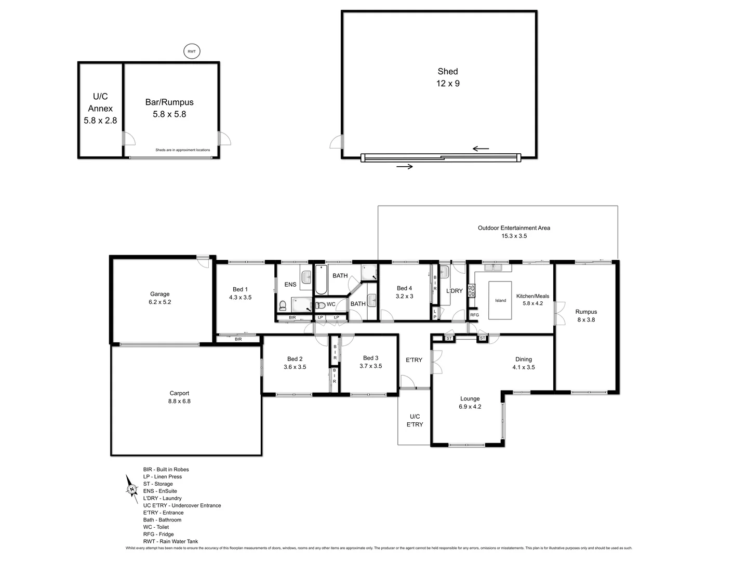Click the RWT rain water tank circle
(x=192, y=51)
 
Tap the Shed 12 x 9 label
(x=447, y=77)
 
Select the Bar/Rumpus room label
(x=169, y=108)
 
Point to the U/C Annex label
(x=100, y=108)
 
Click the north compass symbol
(x=131, y=486)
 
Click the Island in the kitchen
(x=500, y=300)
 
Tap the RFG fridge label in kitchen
(x=474, y=315)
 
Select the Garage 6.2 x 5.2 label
(x=160, y=298)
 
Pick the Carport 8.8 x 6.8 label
(x=179, y=397)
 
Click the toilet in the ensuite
(x=283, y=305)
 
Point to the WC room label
(x=331, y=304)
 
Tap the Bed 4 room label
(x=404, y=292)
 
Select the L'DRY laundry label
(x=454, y=291)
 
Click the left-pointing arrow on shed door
(x=480, y=149)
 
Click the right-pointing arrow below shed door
(x=405, y=167)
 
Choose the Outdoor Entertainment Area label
(x=514, y=232)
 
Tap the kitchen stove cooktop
(x=472, y=290)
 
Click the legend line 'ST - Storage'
(x=158, y=484)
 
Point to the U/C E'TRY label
(x=415, y=420)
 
